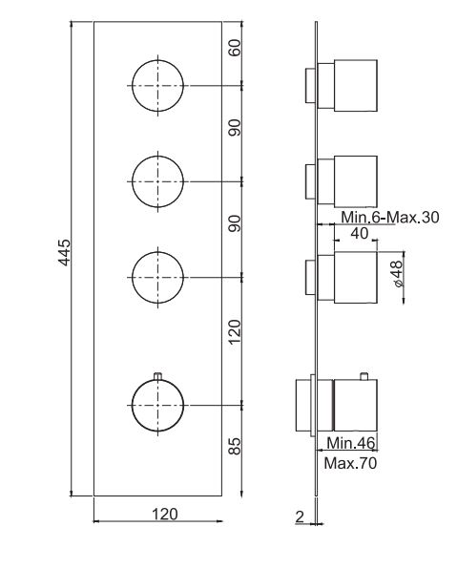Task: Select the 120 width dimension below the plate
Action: [x=165, y=514]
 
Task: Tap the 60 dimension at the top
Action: [x=235, y=49]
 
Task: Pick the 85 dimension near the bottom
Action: [x=235, y=446]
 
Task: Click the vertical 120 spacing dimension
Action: [x=235, y=330]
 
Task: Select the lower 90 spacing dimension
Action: [x=235, y=223]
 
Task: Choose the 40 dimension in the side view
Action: [x=360, y=234]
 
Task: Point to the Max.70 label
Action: [x=349, y=464]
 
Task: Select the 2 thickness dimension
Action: [x=301, y=516]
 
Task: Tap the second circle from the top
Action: [x=156, y=179]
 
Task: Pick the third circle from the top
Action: [x=156, y=275]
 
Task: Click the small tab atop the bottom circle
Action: [x=156, y=373]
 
